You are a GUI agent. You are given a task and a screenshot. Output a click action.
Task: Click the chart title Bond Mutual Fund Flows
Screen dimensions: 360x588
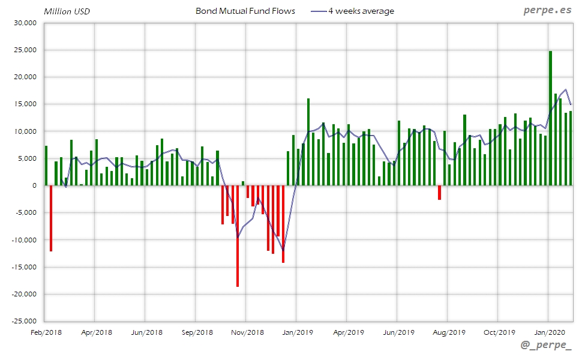point(245,11)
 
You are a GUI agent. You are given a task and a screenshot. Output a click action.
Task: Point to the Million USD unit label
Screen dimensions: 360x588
point(67,11)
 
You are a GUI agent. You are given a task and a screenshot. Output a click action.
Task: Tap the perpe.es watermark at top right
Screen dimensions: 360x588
point(548,11)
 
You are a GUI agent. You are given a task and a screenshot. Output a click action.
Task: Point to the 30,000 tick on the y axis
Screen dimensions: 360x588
point(25,23)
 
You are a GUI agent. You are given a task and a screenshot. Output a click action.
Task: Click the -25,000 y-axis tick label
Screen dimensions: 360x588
point(23,321)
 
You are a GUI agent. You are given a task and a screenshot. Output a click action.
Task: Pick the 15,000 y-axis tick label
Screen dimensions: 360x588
point(25,104)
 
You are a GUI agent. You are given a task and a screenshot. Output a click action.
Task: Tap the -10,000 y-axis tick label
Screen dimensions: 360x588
point(23,240)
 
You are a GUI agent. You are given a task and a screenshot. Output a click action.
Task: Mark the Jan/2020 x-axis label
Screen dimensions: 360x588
point(548,332)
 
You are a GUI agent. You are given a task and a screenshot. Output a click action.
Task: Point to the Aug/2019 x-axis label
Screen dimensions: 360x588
point(448,332)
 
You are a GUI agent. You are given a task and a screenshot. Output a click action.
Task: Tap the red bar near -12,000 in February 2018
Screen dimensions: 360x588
point(51,218)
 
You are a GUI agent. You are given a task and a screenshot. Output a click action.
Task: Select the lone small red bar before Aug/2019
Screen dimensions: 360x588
point(439,192)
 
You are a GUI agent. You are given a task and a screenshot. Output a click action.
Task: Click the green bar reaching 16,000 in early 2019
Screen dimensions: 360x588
point(308,142)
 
